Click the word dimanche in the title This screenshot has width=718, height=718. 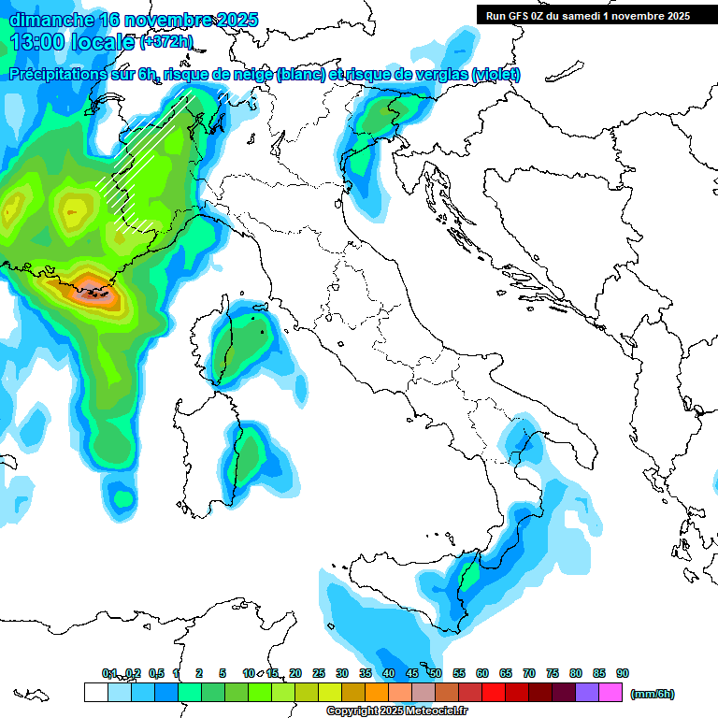click(50, 19)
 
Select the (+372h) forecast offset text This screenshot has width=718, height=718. click(165, 41)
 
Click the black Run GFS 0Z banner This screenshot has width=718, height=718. click(587, 15)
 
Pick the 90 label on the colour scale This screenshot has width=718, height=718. click(623, 673)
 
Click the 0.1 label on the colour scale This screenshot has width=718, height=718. click(109, 673)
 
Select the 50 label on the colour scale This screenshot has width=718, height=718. click(436, 673)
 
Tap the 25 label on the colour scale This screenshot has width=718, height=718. click(319, 673)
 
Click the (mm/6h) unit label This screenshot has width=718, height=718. click(653, 694)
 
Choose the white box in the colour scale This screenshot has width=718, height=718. click(95, 693)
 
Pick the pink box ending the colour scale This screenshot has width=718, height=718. click(611, 693)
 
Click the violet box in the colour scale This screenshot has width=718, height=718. click(588, 693)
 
